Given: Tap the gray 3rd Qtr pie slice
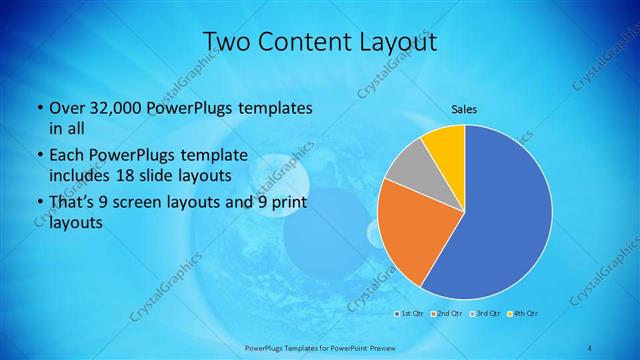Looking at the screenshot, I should click(x=408, y=169).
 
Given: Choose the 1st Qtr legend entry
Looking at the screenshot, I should click(x=409, y=314).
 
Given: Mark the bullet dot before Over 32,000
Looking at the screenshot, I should click(x=38, y=107).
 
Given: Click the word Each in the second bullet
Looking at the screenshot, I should click(x=67, y=155).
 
